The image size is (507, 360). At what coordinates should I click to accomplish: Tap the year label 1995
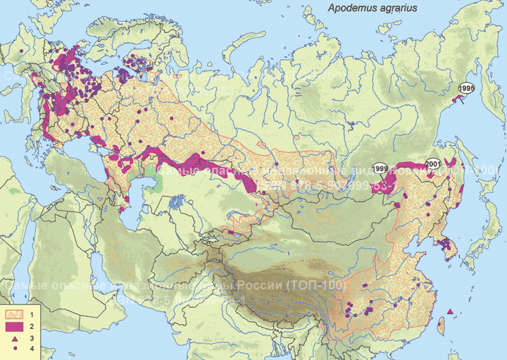click(x=466, y=87)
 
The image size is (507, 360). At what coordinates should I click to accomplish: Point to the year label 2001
click(x=434, y=163)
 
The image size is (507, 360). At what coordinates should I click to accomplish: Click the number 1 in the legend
click(x=32, y=311)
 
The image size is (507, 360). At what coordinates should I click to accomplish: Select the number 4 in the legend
click(x=32, y=349)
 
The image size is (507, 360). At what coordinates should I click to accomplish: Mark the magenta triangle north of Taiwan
click(x=449, y=312)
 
